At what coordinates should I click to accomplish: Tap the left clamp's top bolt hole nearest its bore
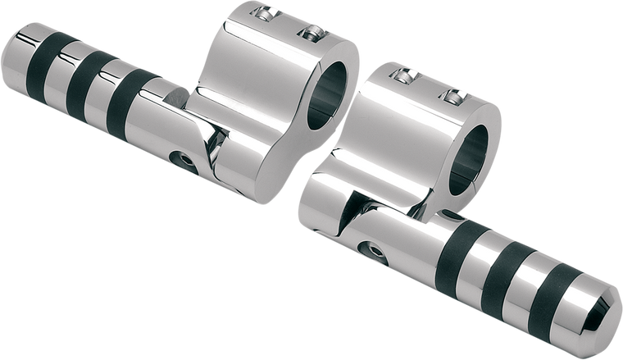[x=311, y=32]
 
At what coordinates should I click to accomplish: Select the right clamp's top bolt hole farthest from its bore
[x=402, y=75]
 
